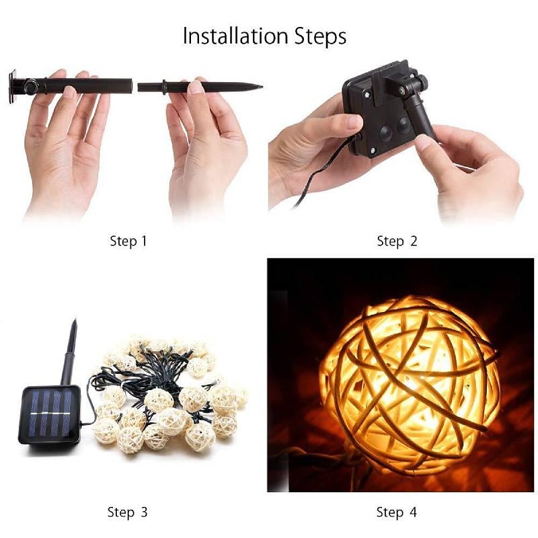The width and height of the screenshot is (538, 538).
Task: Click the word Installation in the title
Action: (x=235, y=36)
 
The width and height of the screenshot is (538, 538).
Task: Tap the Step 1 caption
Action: (x=128, y=241)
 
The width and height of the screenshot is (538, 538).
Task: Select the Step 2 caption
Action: (x=397, y=241)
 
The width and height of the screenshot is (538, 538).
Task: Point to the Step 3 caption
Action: (x=127, y=512)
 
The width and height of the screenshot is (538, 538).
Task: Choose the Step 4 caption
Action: (x=396, y=512)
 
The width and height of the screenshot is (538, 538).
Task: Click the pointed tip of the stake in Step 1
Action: (x=262, y=87)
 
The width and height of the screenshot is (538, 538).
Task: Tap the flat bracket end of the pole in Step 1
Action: (x=13, y=87)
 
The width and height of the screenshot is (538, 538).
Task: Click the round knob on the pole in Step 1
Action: (x=31, y=85)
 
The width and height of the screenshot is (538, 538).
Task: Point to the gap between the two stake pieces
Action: (x=135, y=86)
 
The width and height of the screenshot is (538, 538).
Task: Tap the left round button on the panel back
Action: (x=385, y=132)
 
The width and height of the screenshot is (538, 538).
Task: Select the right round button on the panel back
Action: (x=403, y=125)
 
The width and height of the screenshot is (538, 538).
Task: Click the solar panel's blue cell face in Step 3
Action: (x=50, y=413)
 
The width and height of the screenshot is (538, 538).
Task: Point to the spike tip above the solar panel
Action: (x=74, y=321)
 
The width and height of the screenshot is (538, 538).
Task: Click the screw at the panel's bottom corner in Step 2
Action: (x=373, y=150)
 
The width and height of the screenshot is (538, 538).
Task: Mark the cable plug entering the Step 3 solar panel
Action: (x=83, y=424)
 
